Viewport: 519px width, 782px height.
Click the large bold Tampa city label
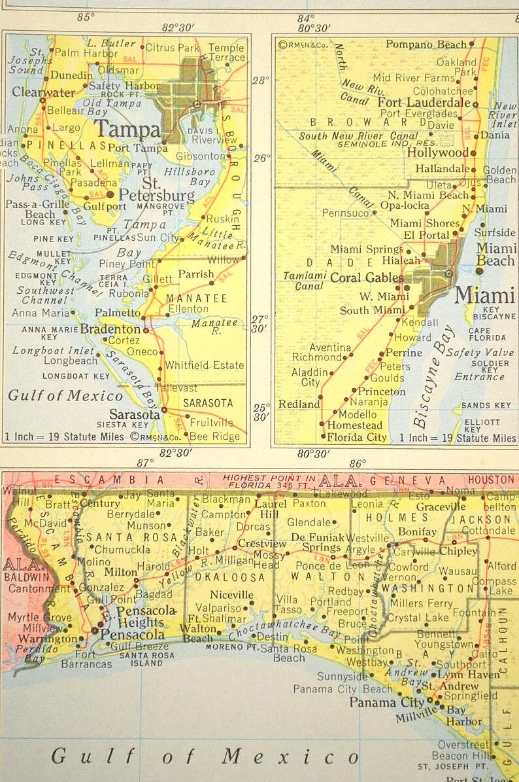tap(127, 129)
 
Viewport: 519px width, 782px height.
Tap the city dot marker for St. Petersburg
tap(110, 194)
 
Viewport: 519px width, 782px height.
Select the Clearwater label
tap(43, 92)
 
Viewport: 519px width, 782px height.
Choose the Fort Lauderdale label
tap(424, 103)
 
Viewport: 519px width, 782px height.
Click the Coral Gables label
tap(367, 277)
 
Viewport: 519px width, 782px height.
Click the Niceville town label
tap(232, 595)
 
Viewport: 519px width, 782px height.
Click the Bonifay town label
tap(416, 532)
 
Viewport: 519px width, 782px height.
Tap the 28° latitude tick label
tap(260, 80)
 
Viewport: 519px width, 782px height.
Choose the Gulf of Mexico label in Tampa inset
tap(65, 395)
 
